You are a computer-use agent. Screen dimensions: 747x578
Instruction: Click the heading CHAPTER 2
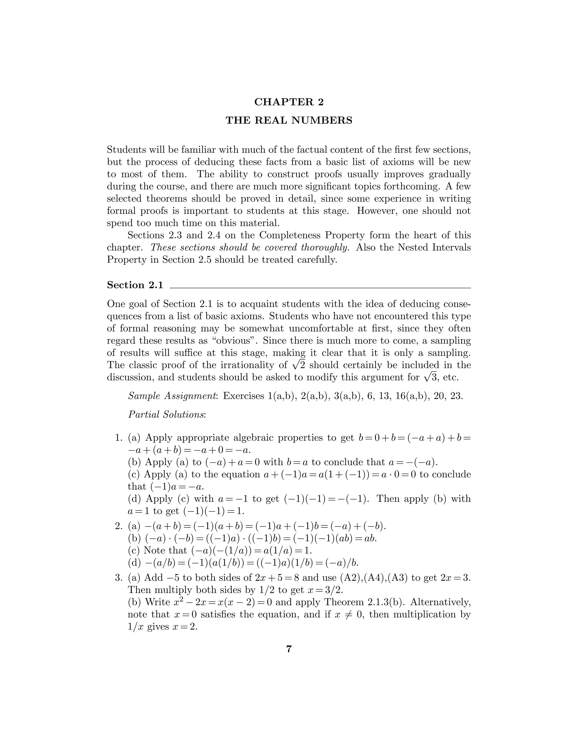pos(289,102)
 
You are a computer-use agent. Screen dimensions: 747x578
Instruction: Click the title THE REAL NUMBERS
pos(289,120)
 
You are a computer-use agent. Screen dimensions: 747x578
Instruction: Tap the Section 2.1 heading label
pos(135,285)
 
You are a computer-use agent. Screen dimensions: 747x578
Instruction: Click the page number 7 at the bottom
pos(289,649)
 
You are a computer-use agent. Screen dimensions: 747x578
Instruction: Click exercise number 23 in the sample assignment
pos(456,396)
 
